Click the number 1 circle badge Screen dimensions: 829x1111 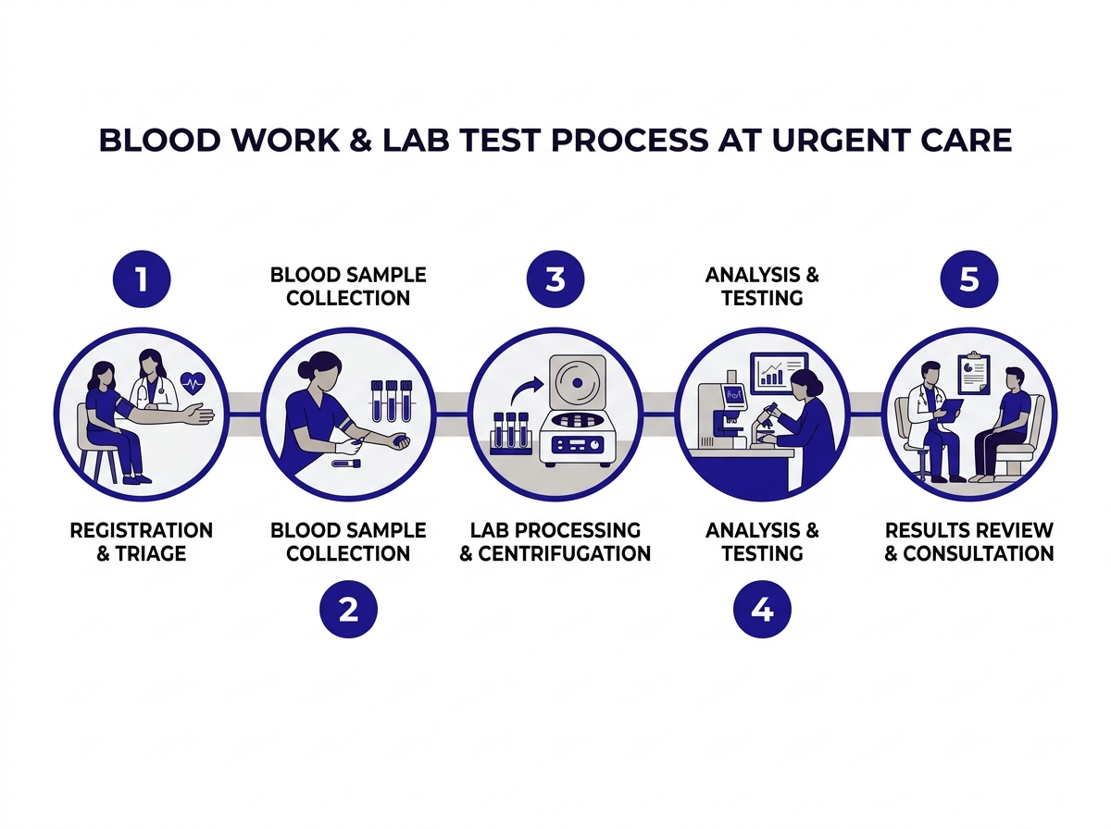coord(141,278)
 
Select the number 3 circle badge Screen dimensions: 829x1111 coord(555,278)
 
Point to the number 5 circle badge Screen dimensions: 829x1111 coord(968,278)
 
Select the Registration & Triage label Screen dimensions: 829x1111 coord(141,542)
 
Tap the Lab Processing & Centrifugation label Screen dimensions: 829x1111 coord(555,542)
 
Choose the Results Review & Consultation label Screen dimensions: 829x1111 coord(968,542)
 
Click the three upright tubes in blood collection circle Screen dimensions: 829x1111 coord(390,401)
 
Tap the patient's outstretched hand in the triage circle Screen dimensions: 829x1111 coord(200,416)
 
